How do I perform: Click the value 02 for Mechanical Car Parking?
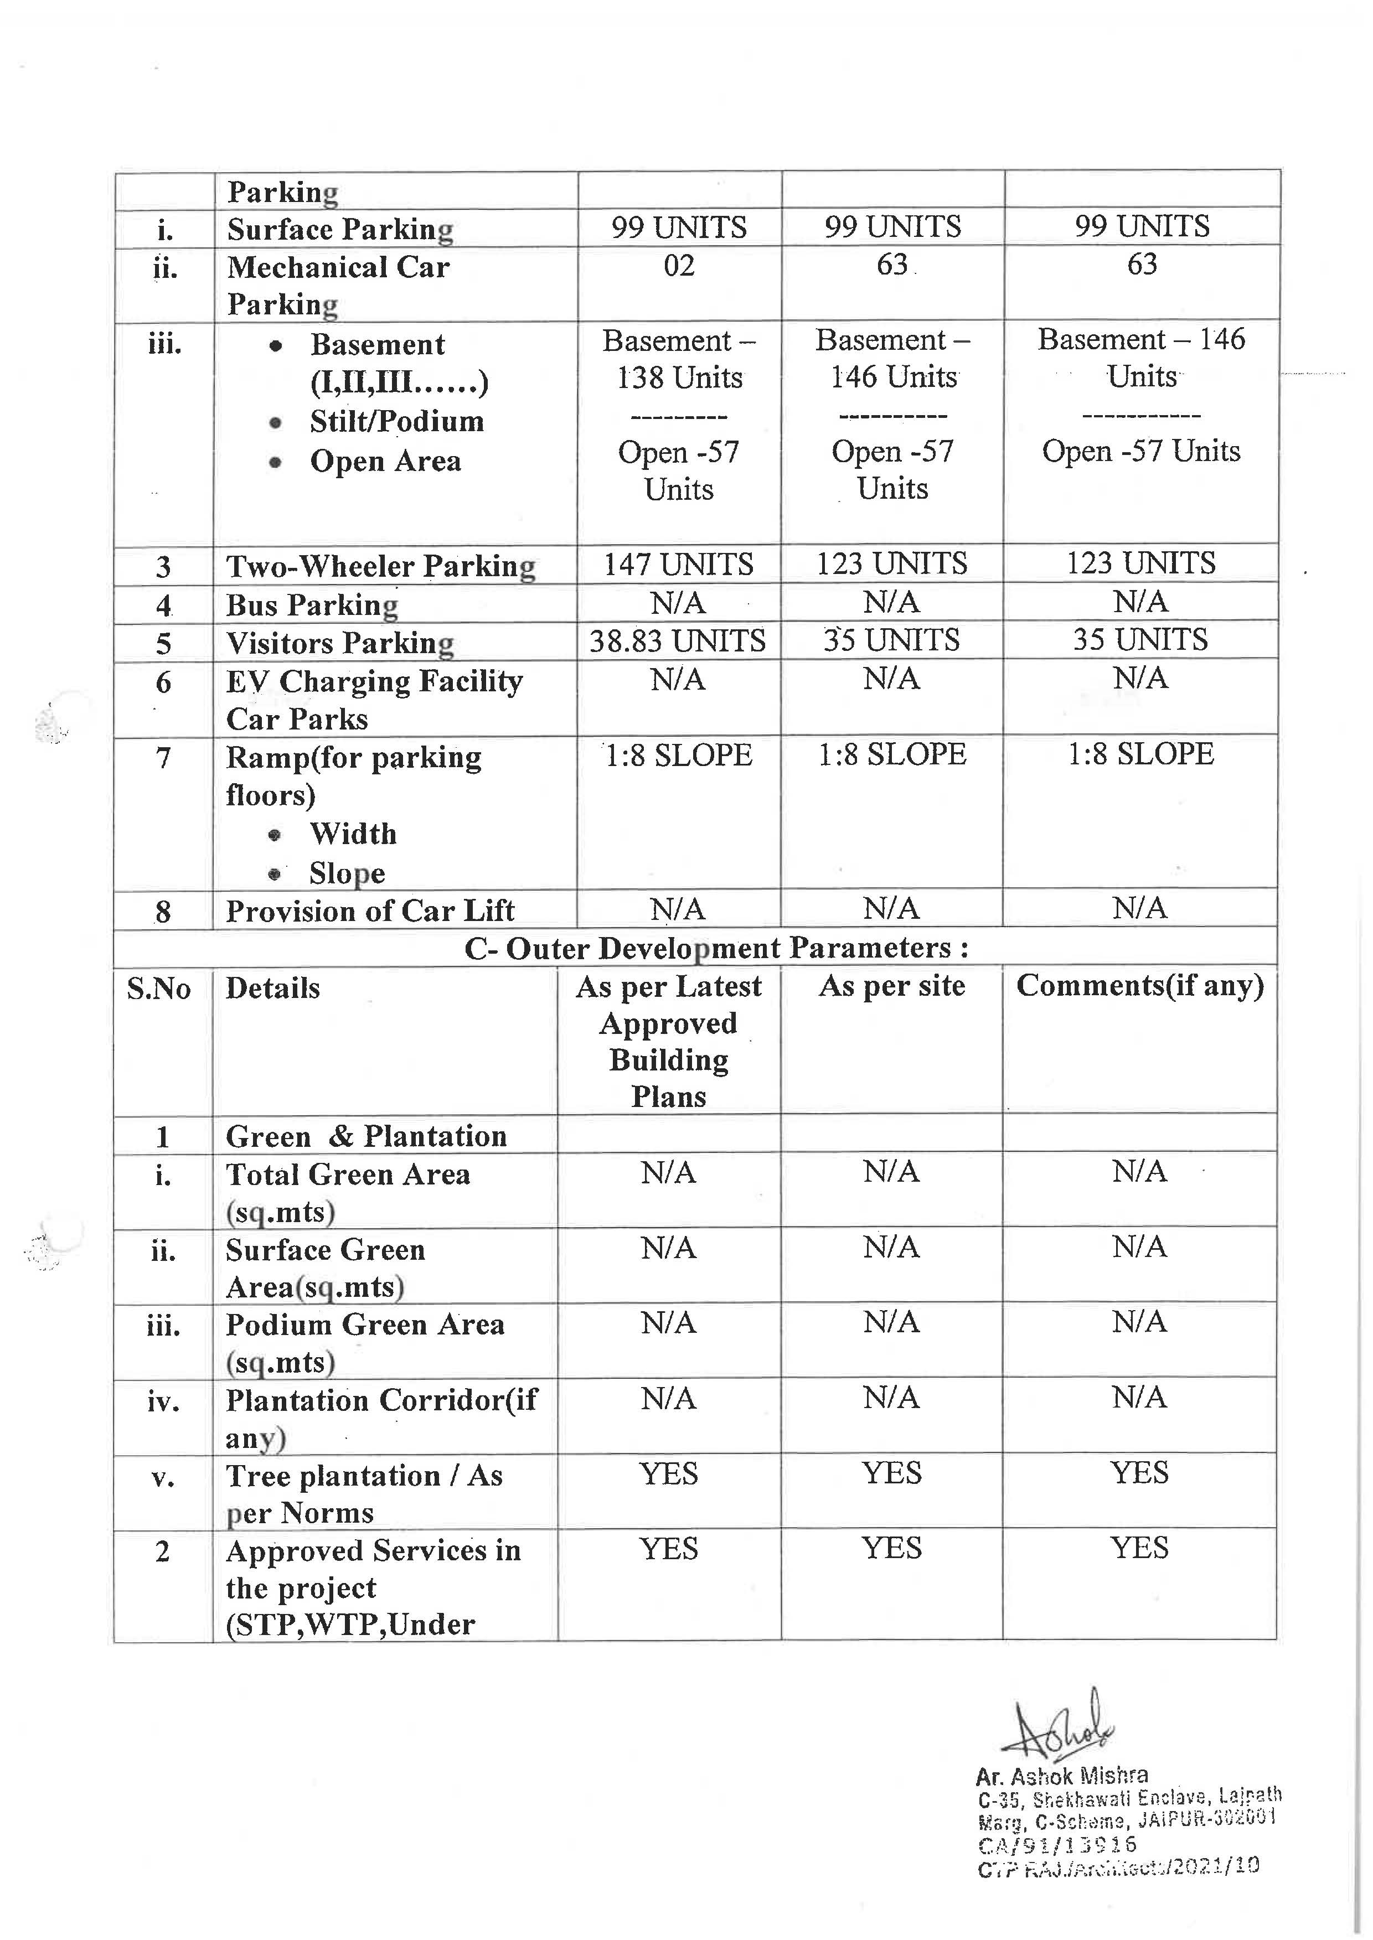point(679,266)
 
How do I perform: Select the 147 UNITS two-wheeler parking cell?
point(678,565)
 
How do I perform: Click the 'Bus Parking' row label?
point(312,605)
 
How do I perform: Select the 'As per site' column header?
point(891,986)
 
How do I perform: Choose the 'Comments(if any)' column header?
point(1140,986)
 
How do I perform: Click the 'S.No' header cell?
point(159,988)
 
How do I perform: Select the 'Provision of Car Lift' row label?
point(370,910)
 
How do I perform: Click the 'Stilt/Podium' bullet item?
point(396,421)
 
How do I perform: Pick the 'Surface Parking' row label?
point(340,229)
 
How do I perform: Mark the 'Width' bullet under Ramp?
point(353,834)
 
